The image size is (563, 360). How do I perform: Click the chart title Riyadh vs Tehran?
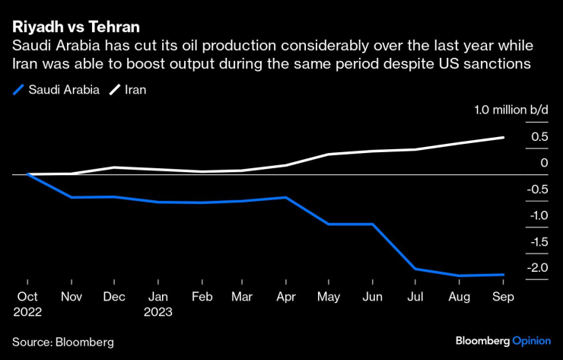pyautogui.click(x=75, y=27)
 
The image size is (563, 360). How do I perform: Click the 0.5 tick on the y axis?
pyautogui.click(x=539, y=137)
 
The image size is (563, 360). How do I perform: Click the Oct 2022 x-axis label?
pyautogui.click(x=28, y=304)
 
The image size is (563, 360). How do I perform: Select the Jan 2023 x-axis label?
pyautogui.click(x=158, y=304)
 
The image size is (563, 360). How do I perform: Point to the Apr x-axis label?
pyautogui.click(x=285, y=297)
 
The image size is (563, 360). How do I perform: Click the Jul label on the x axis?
pyautogui.click(x=415, y=297)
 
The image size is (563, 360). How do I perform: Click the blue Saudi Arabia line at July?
pyautogui.click(x=415, y=269)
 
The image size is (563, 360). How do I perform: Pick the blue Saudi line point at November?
pyautogui.click(x=72, y=197)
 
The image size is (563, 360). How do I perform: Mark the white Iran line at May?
pyautogui.click(x=329, y=155)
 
